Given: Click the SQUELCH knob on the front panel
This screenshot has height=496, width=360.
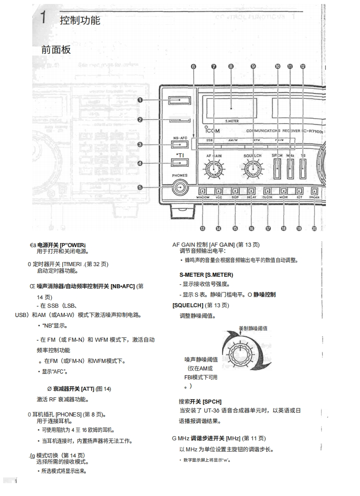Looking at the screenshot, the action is pos(253,169).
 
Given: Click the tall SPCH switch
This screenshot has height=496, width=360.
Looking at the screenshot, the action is pos(278,169).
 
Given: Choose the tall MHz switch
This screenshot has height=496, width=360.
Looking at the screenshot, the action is pos(290,169).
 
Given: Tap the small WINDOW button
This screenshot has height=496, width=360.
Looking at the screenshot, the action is pos(202,191).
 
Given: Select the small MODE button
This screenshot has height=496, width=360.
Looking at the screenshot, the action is pos(283,191).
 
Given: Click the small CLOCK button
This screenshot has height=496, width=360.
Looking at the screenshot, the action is pos(268,191).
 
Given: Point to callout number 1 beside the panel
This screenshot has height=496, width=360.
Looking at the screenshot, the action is pos(140,100).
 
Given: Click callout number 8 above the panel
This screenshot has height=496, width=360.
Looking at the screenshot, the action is pos(231,66).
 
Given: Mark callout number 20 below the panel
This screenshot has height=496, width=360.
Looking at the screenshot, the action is pos(314,229).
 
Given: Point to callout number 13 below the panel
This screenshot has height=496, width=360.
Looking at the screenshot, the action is pos(202,229).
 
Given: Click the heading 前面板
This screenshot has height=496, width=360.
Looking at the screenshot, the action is pos(56,50).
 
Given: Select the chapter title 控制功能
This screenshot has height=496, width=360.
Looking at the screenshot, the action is pos(80,20).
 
